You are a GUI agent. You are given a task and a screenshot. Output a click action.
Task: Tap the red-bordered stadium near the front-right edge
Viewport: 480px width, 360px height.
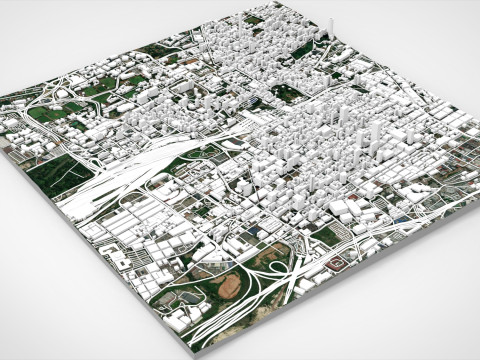[338, 263]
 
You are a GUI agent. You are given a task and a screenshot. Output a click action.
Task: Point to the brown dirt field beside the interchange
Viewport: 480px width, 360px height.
[229, 287]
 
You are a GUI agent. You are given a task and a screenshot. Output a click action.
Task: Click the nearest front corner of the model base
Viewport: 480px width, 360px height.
[205, 350]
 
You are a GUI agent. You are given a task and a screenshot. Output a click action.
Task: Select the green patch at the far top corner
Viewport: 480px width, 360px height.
[256, 18]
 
